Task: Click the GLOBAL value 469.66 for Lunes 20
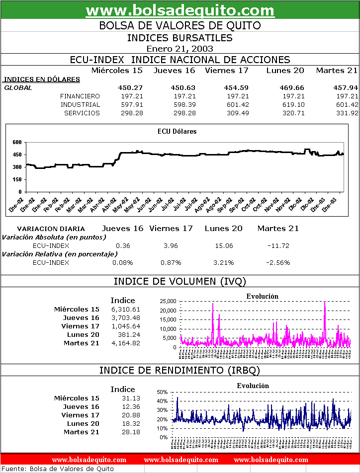(291, 88)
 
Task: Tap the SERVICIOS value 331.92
(347, 113)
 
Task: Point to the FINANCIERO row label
(80, 96)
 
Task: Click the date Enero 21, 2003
(180, 49)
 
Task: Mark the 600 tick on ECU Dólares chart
(17, 142)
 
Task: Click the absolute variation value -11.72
(278, 246)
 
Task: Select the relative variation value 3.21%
(223, 263)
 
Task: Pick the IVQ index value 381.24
(128, 335)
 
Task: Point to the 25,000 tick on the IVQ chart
(169, 301)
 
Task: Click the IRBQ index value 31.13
(131, 398)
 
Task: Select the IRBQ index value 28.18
(131, 432)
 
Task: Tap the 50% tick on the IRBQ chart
(162, 392)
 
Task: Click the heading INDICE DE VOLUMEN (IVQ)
(180, 282)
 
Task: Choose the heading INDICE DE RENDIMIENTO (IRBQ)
(180, 371)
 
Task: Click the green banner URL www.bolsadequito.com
(180, 10)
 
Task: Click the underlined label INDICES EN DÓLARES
(42, 79)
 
